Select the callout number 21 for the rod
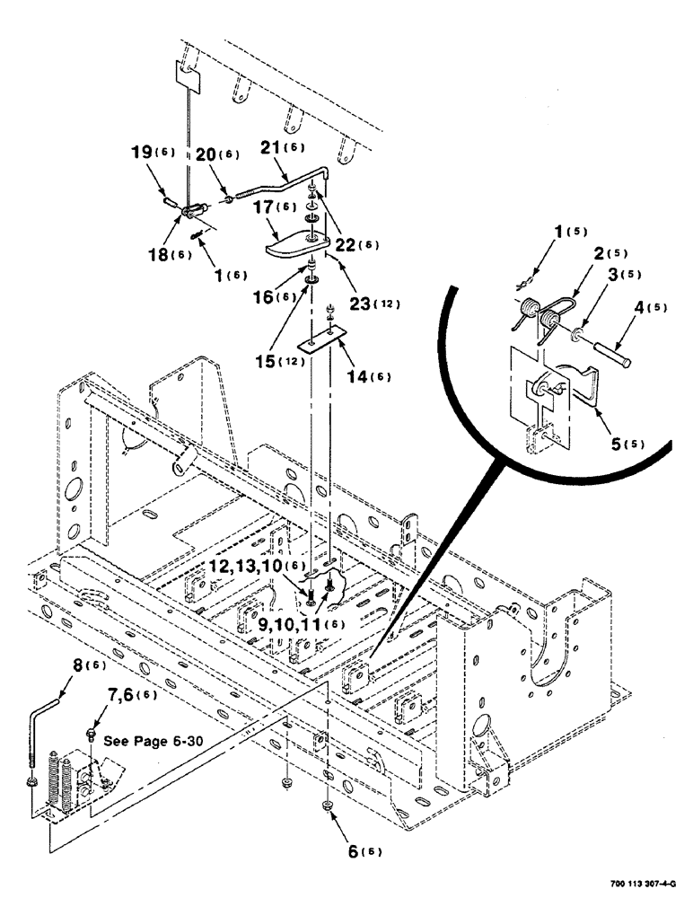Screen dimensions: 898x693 pyautogui.click(x=272, y=149)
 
